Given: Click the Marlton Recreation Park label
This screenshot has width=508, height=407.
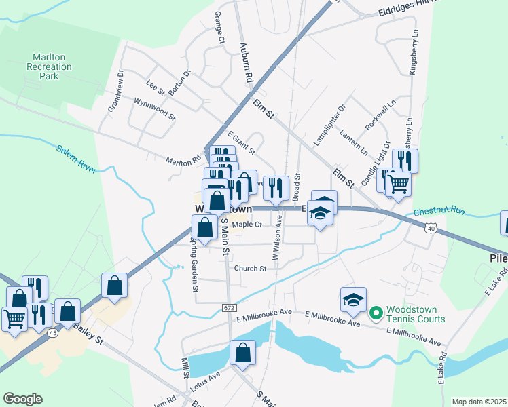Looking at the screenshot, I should pos(49,66).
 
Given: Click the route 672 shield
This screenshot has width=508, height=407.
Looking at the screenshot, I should pos(229,308).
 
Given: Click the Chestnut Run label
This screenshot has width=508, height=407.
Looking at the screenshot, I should pos(439,212).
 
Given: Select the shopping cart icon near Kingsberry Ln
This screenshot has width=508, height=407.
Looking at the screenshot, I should pos(397,182).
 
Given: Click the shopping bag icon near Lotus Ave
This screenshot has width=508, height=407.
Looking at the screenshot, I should pos(242,353).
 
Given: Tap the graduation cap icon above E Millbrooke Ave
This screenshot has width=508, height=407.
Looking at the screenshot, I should pos(353,300).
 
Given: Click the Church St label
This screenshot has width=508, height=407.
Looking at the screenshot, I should pos(250,269).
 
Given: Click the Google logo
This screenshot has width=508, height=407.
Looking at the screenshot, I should pos(22,399).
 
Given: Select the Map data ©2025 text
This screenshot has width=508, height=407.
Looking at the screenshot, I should pos(478,402).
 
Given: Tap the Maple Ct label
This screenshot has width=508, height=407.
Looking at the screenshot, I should pos(247,225).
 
